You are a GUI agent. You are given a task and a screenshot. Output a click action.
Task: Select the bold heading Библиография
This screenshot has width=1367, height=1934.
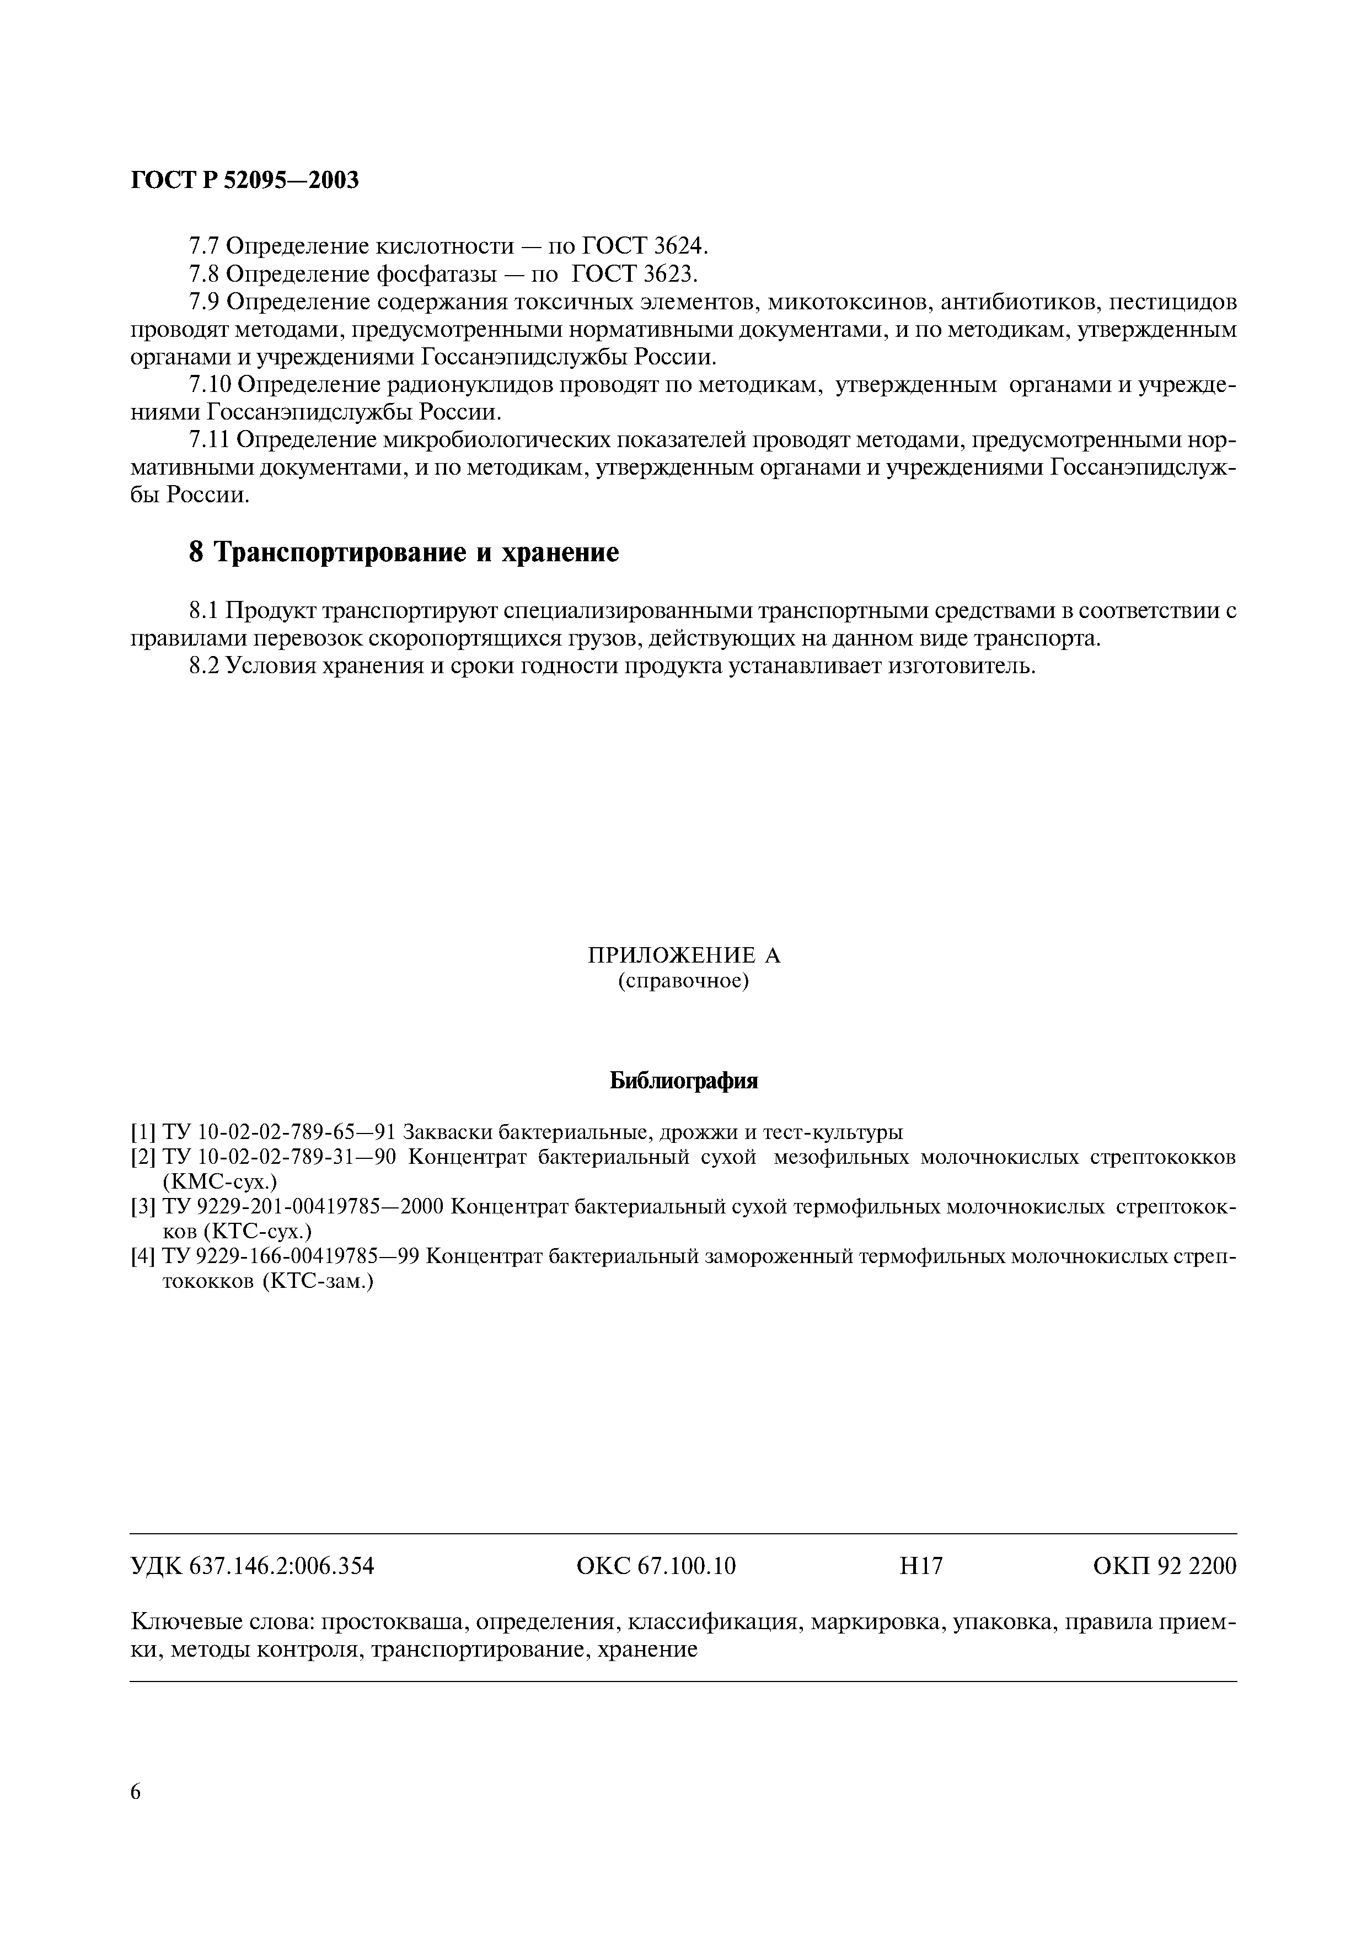point(684,1082)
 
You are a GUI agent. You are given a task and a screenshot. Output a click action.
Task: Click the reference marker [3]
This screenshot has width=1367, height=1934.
point(142,1207)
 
